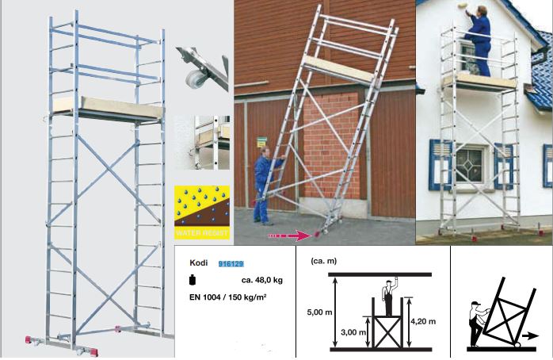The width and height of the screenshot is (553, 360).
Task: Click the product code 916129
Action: click(x=231, y=263)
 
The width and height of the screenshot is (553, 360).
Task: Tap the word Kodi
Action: click(x=199, y=263)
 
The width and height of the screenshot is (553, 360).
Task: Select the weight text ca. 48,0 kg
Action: click(x=262, y=280)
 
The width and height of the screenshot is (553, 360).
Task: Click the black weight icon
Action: click(x=193, y=280)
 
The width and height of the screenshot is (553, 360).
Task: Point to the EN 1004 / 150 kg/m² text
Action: click(x=228, y=297)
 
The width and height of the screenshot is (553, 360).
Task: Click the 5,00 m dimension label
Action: click(x=319, y=312)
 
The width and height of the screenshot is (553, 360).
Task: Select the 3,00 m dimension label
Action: click(x=353, y=332)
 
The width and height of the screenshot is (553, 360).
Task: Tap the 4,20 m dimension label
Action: click(x=423, y=321)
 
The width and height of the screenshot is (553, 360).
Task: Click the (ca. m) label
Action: click(x=324, y=261)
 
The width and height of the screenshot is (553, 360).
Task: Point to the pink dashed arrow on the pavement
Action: click(x=289, y=236)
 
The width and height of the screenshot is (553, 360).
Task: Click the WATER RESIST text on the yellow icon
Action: click(x=202, y=233)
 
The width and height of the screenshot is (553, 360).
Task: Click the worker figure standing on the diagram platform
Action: click(x=389, y=297)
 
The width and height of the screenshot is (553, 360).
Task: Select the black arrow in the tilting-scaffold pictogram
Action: click(x=531, y=336)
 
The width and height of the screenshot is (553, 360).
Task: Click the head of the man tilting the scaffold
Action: click(x=265, y=152)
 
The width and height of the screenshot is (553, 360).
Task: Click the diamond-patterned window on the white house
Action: click(x=469, y=165)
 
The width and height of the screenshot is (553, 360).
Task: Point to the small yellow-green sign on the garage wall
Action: click(x=261, y=141)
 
